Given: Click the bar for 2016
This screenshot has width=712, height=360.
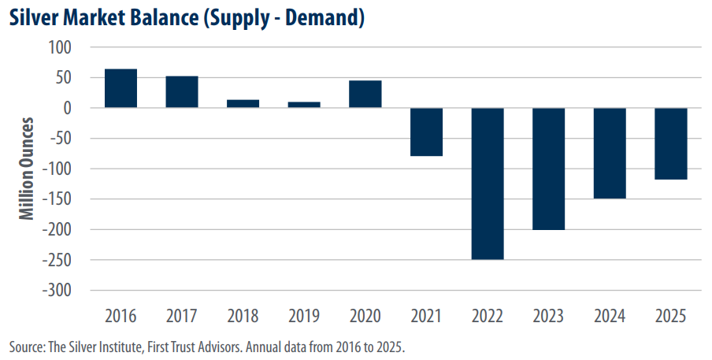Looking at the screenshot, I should tap(121, 88).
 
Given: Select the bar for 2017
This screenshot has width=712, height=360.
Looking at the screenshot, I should tap(182, 92).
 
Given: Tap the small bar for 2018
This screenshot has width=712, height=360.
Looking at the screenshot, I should tap(243, 104).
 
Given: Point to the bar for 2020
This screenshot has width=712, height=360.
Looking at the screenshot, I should tap(365, 95).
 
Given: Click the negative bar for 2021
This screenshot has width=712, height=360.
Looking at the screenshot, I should tap(427, 132).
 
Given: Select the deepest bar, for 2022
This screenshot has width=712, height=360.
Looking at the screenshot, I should tap(488, 184).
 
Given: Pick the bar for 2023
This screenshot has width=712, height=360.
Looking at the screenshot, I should tap(549, 169).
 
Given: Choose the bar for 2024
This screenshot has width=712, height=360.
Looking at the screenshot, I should tap(610, 153).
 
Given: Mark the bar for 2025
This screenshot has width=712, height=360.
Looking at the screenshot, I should tap(671, 143).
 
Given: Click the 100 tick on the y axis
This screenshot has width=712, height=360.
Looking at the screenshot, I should tap(60, 47).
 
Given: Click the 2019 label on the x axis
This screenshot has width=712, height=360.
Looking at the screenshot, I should tap(304, 317).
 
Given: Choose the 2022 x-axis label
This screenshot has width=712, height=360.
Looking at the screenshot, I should tap(488, 317).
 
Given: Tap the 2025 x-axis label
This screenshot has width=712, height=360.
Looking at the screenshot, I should tap(671, 317).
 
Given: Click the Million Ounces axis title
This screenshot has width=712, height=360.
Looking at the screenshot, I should tap(28, 169).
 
